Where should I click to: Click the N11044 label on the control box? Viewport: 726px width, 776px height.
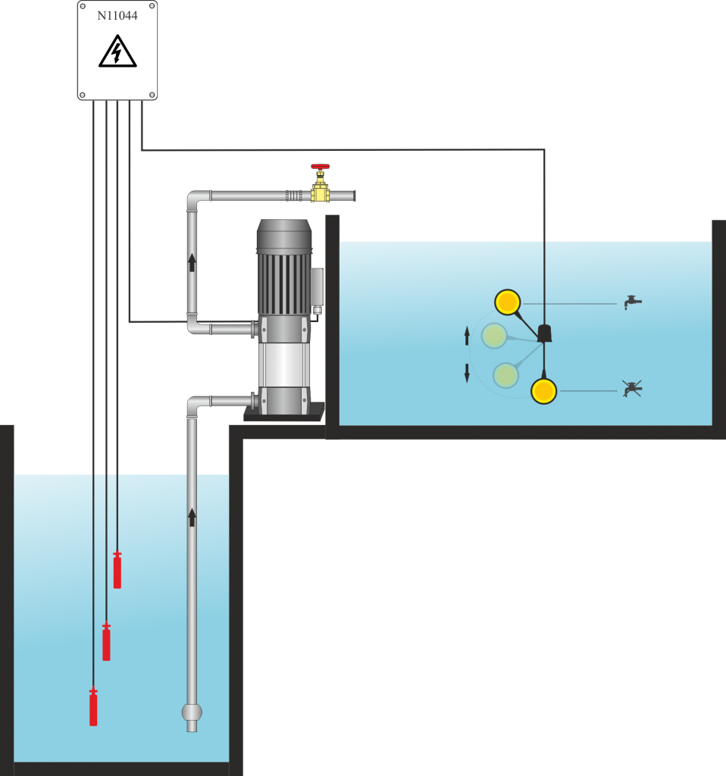(117, 15)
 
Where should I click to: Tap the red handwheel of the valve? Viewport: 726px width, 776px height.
(320, 166)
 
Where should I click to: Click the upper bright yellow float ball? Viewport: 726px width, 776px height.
(507, 302)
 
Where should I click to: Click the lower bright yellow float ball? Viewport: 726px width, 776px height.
(543, 391)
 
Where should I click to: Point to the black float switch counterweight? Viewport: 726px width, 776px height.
(544, 333)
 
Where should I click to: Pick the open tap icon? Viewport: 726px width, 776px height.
(632, 302)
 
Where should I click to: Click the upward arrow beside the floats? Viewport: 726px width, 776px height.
(467, 336)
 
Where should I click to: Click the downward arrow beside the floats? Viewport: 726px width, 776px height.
(467, 373)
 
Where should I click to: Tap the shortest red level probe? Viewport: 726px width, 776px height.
(117, 570)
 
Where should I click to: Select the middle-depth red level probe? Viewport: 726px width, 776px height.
(106, 642)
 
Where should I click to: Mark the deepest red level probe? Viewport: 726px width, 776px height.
(93, 707)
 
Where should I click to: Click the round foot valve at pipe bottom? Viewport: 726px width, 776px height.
(192, 712)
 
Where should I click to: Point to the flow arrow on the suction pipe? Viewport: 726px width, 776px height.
(192, 518)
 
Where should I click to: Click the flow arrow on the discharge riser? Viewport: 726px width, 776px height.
(192, 262)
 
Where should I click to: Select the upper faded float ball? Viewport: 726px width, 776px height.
(494, 336)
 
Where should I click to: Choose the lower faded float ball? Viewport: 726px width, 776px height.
(505, 375)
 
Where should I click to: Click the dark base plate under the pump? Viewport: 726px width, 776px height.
(283, 414)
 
